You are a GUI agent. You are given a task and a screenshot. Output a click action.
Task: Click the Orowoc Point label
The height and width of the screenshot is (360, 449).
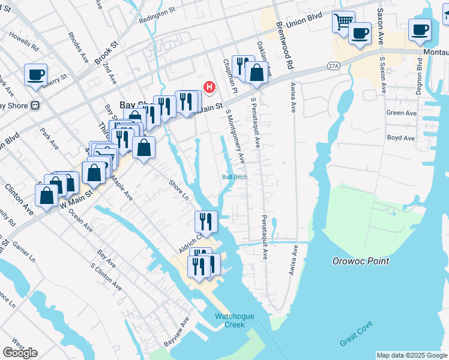pyautogui.click(x=361, y=261)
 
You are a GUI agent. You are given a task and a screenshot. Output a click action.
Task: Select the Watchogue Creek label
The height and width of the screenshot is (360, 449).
pyautogui.click(x=231, y=320)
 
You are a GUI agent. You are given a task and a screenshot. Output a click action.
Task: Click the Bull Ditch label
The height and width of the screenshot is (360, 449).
pyautogui.click(x=234, y=177)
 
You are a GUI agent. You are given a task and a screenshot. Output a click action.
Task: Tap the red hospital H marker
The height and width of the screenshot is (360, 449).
pyautogui.click(x=209, y=87)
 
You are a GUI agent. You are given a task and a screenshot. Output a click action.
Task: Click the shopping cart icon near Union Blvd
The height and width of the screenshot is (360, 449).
pyautogui.click(x=343, y=22)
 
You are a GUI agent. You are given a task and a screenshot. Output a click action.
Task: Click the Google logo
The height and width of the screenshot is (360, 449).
pyautogui.click(x=20, y=352)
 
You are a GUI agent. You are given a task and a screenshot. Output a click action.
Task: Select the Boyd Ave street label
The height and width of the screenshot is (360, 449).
pyautogui.click(x=401, y=138)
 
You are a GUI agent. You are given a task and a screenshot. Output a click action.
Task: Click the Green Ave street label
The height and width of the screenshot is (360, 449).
pyautogui.click(x=402, y=113)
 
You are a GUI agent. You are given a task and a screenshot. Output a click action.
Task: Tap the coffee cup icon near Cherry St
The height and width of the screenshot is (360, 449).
pyautogui.click(x=35, y=75)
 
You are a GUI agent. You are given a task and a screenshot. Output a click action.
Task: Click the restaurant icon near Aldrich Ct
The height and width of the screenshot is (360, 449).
pyautogui.click(x=205, y=221)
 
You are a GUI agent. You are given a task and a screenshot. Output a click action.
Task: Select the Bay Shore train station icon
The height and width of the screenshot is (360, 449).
pyautogui.click(x=35, y=106)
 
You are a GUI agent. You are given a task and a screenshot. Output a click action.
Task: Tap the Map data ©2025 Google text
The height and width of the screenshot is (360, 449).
pyautogui.click(x=411, y=355)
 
